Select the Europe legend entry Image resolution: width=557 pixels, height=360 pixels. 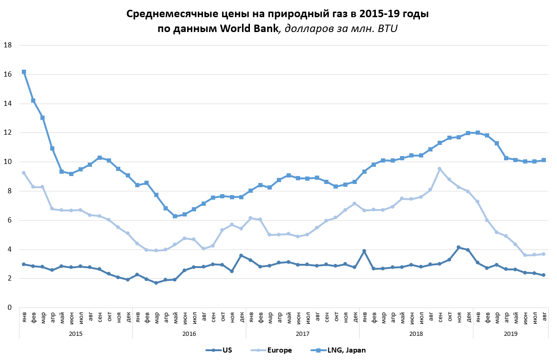(x=280, y=350)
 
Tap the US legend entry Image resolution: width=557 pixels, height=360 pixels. (x=228, y=350)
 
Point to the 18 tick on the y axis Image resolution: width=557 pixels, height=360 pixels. (x=7, y=45)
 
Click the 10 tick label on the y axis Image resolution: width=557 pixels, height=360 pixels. (x=7, y=162)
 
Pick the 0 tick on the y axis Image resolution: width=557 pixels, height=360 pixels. (x=9, y=308)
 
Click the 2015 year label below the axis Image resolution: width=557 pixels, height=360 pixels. (x=76, y=334)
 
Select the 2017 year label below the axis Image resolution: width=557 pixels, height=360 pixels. (x=302, y=334)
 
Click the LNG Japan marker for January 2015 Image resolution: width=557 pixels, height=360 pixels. (x=24, y=72)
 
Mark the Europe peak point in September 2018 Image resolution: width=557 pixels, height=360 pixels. (x=439, y=169)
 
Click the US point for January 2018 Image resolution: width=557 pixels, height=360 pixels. (x=364, y=251)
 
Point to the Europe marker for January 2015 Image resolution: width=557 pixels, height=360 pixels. (x=24, y=173)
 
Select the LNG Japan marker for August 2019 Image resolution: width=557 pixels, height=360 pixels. (x=544, y=160)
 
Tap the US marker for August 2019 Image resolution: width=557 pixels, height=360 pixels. (x=544, y=275)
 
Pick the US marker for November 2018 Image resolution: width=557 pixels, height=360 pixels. (x=459, y=247)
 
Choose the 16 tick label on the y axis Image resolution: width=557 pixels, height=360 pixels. (x=7, y=74)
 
